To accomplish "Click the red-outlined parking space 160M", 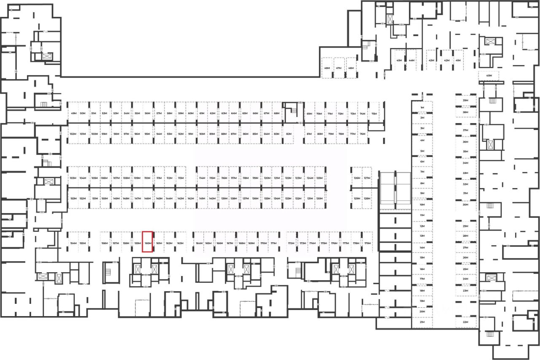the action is (147, 242).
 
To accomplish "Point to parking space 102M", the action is (73, 134).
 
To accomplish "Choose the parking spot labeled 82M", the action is (289, 134).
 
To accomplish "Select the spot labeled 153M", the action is (73, 198).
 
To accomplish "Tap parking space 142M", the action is (191, 198).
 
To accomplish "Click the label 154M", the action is (73, 244).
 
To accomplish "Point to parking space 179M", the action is (367, 244).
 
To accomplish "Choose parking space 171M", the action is (273, 244).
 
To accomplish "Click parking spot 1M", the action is (422, 108).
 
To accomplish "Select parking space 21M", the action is (422, 322).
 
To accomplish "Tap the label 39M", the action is (466, 101).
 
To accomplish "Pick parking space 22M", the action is (466, 322).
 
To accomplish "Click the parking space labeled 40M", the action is (489, 76).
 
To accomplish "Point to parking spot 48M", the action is (327, 68).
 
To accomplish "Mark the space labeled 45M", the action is (399, 60).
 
